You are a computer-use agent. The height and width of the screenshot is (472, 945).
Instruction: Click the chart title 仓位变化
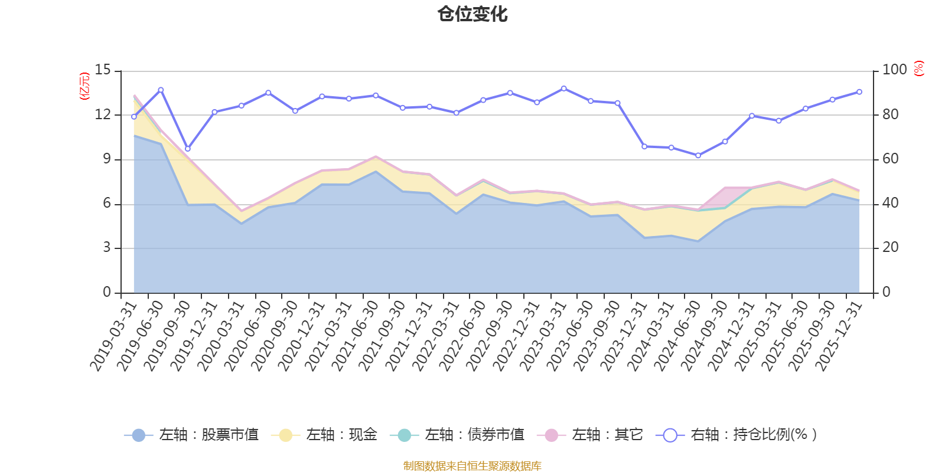(x=472, y=14)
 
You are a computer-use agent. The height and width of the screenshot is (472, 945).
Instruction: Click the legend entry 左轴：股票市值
(x=191, y=435)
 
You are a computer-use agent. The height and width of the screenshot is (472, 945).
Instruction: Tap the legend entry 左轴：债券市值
(x=457, y=435)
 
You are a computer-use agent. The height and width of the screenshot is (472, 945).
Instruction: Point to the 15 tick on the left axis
(x=103, y=70)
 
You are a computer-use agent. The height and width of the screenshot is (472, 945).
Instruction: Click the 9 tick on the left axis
(x=106, y=159)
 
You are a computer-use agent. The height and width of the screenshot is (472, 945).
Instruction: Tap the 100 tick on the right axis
(x=894, y=70)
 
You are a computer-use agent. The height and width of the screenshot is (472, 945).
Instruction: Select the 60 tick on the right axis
(x=891, y=159)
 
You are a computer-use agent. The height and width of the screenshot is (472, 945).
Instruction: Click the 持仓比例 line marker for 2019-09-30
(x=188, y=149)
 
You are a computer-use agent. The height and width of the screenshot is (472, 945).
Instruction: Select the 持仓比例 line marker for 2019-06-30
(x=161, y=90)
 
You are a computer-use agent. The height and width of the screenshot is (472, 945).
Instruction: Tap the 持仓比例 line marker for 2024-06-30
(x=698, y=156)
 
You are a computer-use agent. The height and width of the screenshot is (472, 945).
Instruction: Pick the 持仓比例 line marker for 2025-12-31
(x=859, y=92)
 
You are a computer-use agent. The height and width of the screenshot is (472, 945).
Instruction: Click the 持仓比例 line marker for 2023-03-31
(x=563, y=88)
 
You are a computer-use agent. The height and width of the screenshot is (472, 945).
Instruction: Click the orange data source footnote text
(x=472, y=466)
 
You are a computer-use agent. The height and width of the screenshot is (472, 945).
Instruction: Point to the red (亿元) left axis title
(x=84, y=86)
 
